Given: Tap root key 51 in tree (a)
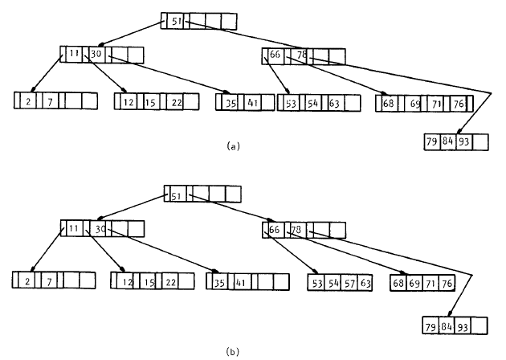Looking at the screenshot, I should (176, 22).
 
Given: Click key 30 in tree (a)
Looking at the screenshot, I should (96, 55).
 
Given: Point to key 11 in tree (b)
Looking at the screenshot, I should (71, 229).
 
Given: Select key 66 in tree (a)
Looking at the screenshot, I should (275, 56).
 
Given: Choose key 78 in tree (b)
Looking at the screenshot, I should (295, 230).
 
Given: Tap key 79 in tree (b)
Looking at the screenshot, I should (432, 325).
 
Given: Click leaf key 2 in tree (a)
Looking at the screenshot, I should (28, 102).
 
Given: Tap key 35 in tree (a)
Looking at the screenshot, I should (230, 102).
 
